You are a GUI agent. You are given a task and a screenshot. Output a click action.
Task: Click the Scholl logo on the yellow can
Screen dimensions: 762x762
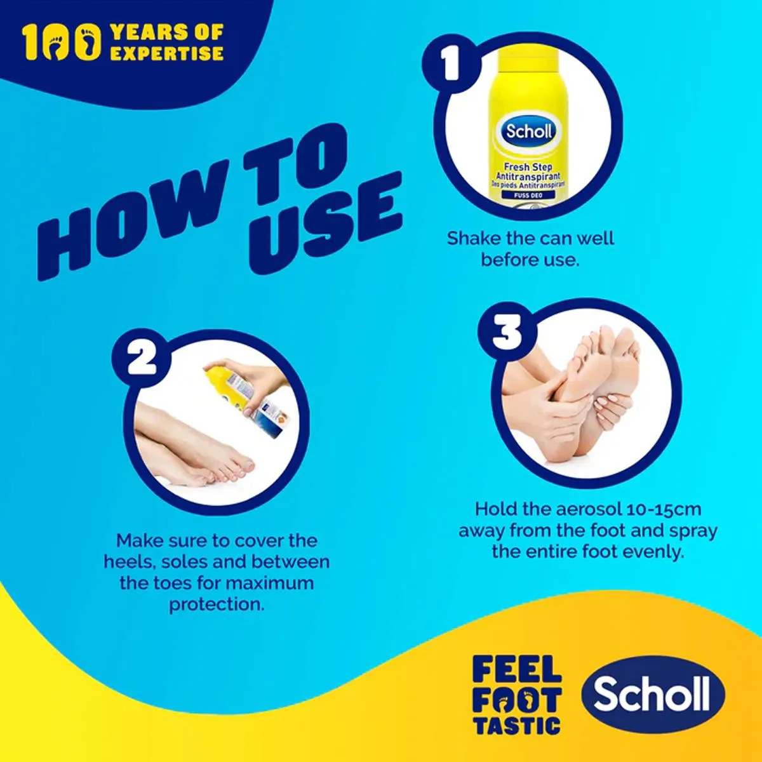pos(530,131)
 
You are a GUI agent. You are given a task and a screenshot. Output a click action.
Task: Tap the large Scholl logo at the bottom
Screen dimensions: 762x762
pos(653,693)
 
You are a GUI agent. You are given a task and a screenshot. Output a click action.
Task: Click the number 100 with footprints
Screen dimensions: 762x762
pos(62,43)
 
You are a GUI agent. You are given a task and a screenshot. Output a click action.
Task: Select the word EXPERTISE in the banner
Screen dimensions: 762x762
pos(166,53)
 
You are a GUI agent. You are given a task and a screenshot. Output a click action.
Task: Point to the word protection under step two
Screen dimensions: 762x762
pos(217,604)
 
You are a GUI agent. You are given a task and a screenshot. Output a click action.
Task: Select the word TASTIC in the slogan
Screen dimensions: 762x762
pos(517,725)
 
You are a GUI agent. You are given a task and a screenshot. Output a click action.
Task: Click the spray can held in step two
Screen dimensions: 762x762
pos(244,397)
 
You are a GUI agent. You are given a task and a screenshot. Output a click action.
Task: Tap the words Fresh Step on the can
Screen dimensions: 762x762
pos(528,167)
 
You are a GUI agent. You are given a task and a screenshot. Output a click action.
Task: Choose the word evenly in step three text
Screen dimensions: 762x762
pos(653,551)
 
